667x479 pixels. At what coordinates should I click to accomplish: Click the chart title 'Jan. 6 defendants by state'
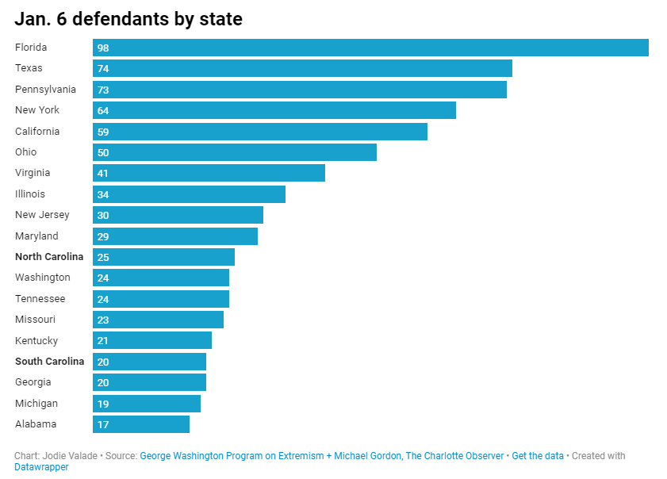pos(128,20)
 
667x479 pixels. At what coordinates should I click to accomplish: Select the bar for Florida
pos(370,48)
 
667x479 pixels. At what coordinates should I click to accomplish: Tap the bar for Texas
pos(302,68)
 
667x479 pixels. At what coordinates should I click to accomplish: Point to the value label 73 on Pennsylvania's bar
pos(103,90)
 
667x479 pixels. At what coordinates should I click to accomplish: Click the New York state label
pos(37,110)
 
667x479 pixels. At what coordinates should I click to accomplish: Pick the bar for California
pos(260,132)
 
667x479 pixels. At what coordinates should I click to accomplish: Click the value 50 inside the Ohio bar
pos(103,152)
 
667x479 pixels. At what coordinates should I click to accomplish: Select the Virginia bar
pos(209,173)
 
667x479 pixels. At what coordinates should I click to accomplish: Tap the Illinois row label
pos(30,194)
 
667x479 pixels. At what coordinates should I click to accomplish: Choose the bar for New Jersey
pos(178,215)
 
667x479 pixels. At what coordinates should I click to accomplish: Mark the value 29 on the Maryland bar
pos(103,236)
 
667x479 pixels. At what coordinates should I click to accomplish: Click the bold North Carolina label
pos(49,257)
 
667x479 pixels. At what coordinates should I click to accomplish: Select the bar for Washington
pos(161,278)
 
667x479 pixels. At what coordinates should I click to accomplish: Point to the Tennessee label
pos(40,299)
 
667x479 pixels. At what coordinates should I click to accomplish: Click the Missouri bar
pos(158,320)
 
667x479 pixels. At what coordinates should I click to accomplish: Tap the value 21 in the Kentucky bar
pos(103,341)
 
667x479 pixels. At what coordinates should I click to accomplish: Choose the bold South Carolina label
pos(49,362)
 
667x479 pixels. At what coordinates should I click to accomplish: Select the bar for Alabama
pos(141,424)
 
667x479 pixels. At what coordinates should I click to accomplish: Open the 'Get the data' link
pos(538,456)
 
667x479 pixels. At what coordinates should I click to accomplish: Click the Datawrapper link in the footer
pos(41,468)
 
